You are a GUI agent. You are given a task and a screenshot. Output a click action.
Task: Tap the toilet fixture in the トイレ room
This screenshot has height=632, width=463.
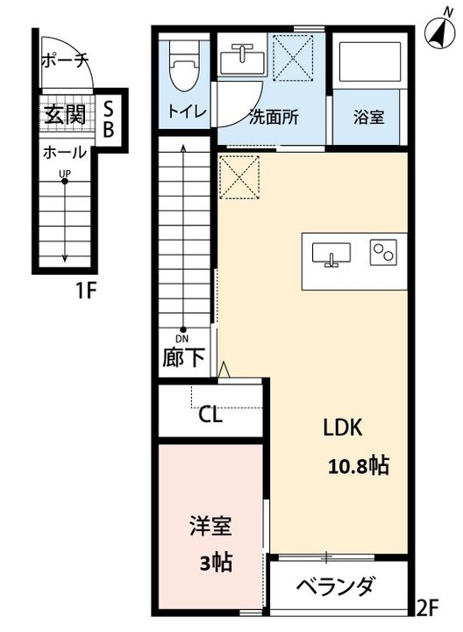point(185,65)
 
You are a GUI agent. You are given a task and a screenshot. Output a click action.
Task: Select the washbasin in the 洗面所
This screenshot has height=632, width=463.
point(241,59)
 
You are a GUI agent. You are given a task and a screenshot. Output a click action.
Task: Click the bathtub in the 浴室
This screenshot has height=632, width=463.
point(370,61)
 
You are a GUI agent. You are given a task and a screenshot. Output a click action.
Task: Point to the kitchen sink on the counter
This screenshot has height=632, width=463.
point(331,255)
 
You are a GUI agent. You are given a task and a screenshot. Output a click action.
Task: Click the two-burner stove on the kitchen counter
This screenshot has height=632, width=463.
point(383,252)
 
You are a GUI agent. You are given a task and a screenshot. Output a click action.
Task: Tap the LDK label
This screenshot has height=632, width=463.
point(343,427)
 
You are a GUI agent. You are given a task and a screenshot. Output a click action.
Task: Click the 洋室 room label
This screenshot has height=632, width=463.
point(210,526)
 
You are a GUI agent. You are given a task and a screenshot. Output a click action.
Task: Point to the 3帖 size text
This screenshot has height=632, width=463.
point(217,562)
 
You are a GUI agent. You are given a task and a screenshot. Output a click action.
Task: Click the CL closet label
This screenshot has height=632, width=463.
point(210,414)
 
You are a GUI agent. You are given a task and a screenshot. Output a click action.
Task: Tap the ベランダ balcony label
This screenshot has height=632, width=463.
point(336,586)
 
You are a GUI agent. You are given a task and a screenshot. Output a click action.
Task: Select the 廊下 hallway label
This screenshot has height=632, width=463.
point(183,356)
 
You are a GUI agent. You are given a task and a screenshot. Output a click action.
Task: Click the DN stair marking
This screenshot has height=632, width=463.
point(182,339)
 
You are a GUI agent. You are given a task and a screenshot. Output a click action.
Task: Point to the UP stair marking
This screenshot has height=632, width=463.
point(65,174)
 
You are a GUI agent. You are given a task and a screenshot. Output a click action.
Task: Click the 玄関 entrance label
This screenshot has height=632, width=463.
point(65,114)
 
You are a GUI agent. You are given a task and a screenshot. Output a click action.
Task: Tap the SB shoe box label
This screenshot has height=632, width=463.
point(109,118)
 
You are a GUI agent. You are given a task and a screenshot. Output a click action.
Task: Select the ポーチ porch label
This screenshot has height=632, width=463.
point(65,61)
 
